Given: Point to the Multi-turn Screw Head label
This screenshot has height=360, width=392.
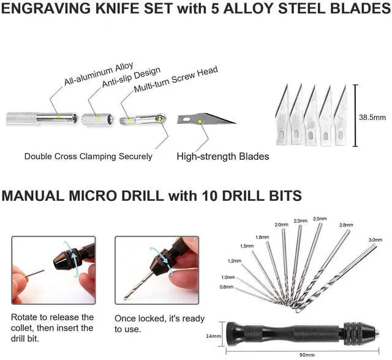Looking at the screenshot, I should (x=176, y=80).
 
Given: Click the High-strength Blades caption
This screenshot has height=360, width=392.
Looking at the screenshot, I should (x=222, y=156).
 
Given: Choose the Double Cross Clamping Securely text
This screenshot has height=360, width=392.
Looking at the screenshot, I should (x=88, y=156).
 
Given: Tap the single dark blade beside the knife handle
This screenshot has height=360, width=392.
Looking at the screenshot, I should (x=204, y=120).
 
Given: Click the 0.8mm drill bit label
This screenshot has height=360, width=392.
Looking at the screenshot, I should (x=228, y=287).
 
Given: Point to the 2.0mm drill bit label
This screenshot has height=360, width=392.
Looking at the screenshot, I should (x=281, y=225).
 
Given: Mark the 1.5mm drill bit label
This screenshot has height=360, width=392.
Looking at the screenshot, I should (x=247, y=246).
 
